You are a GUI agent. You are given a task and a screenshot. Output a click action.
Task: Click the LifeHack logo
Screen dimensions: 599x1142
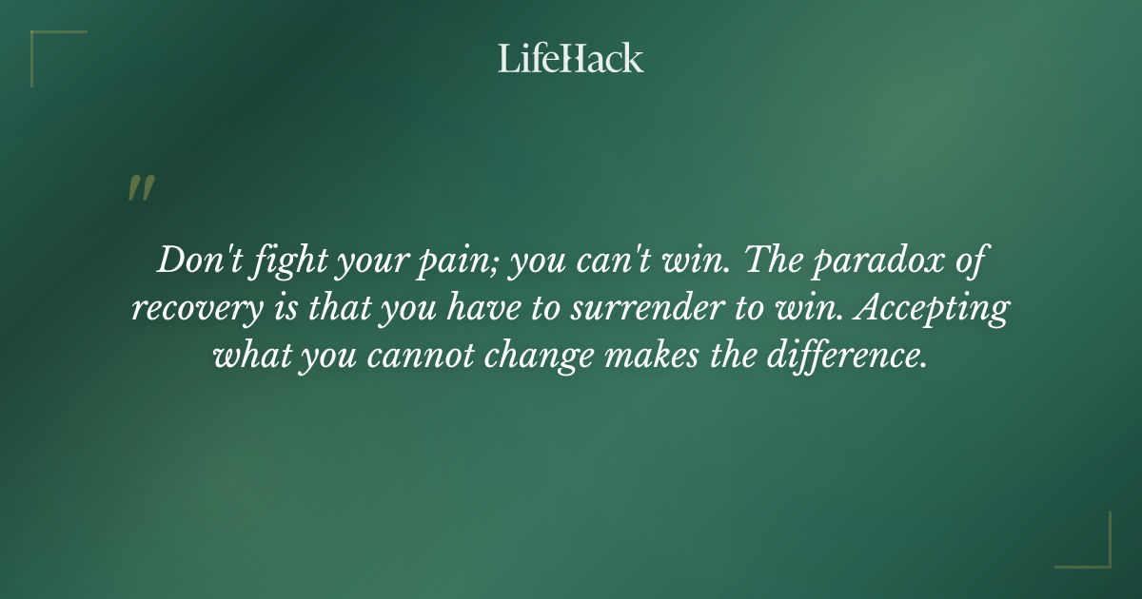[x=571, y=58]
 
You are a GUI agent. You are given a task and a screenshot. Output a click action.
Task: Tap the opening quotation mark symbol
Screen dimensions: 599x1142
[x=141, y=188]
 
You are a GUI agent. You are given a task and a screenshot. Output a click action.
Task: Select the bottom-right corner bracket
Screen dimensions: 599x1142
[x=1094, y=551]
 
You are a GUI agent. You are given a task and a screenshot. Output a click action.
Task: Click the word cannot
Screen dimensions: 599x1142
[x=409, y=357]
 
